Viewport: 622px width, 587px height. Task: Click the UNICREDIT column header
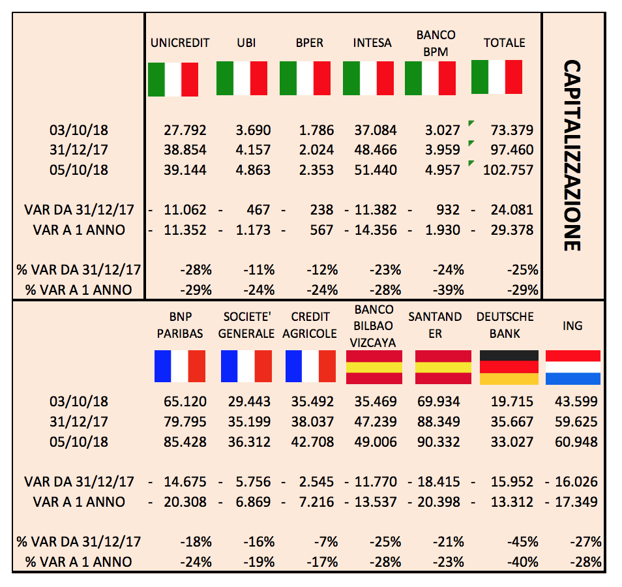click(x=180, y=43)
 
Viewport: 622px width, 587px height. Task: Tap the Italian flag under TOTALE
click(x=497, y=77)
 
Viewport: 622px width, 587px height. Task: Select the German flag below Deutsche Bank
click(x=509, y=367)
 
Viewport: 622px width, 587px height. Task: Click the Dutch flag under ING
click(x=572, y=367)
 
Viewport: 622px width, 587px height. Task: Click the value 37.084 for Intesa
click(x=375, y=130)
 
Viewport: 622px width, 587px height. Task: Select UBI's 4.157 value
click(x=253, y=150)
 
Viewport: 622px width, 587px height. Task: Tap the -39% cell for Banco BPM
click(x=449, y=290)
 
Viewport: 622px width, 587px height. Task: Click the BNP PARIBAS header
click(x=180, y=325)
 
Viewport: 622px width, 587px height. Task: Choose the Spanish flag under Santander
click(x=443, y=366)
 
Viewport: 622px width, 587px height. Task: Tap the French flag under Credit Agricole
click(x=310, y=366)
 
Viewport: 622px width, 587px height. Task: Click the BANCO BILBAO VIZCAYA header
click(x=375, y=325)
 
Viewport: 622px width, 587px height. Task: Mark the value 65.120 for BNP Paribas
click(x=185, y=401)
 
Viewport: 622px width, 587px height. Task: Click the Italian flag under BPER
click(x=305, y=78)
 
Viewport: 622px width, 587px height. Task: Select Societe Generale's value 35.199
click(x=248, y=421)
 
